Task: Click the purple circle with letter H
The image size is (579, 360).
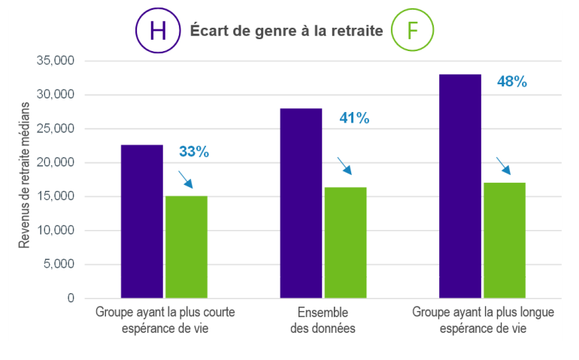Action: click(157, 31)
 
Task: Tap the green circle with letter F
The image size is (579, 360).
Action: click(413, 31)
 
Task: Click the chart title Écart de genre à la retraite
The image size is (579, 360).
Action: click(286, 31)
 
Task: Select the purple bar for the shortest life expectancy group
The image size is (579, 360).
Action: click(142, 222)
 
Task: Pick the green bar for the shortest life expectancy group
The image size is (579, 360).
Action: click(186, 247)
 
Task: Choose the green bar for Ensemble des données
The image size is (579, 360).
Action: click(345, 243)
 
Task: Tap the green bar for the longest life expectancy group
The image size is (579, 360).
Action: click(505, 241)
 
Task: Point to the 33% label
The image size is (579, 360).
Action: click(193, 152)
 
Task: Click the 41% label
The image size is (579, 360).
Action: click(354, 118)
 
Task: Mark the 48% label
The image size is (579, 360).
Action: click(512, 82)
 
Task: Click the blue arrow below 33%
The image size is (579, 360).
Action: click(185, 180)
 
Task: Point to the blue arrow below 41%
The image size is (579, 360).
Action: click(344, 165)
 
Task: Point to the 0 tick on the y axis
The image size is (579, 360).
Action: click(71, 298)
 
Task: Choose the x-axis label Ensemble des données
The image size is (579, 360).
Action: click(323, 320)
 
